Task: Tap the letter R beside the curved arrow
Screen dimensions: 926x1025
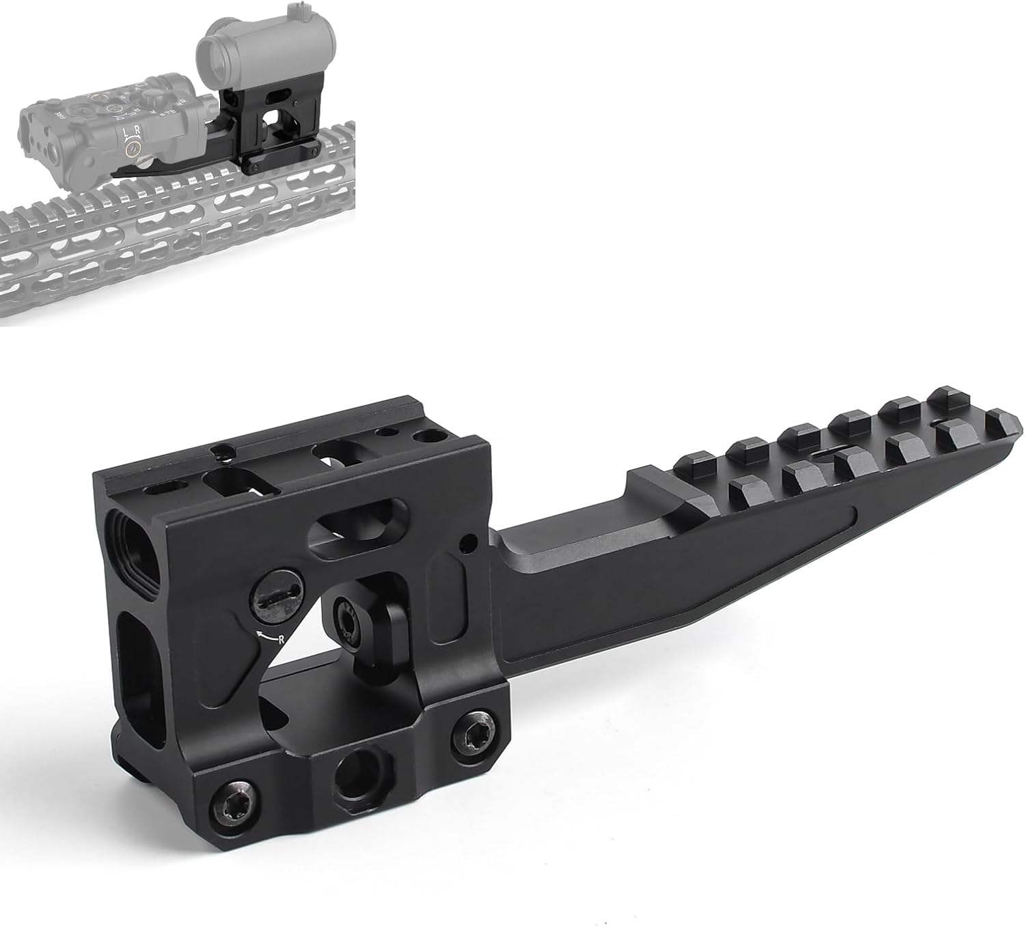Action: (281, 639)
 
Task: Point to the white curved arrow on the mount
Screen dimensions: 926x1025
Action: (266, 636)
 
